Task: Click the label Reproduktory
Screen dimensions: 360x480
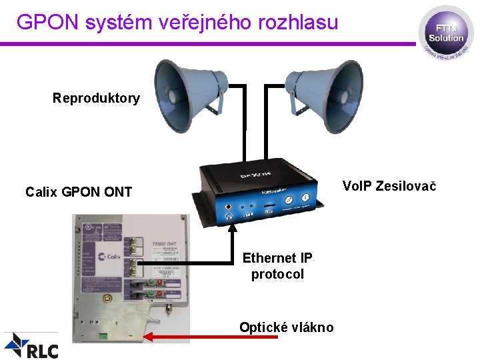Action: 96,99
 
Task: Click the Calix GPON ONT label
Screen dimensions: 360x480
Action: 79,192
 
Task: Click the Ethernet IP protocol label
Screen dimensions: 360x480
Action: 277,265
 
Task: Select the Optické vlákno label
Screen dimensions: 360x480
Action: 287,327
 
